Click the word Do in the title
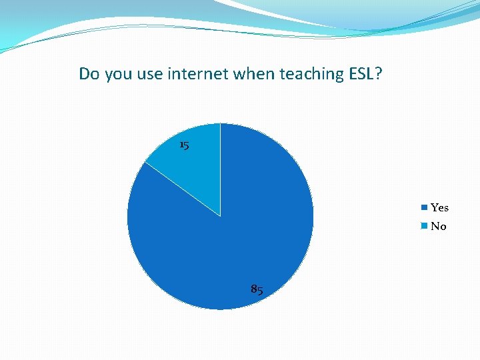pos(88,73)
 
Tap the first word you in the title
pos(113,75)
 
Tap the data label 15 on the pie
pos(185,145)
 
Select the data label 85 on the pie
pos(257,289)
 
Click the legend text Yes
pos(439,208)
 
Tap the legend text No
pos(438,227)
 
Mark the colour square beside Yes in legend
pos(424,208)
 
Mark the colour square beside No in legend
pos(424,227)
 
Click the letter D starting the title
pos(84,73)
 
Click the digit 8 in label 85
pos(254,289)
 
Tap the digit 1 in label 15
pos(181,145)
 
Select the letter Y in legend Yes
pos(435,208)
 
